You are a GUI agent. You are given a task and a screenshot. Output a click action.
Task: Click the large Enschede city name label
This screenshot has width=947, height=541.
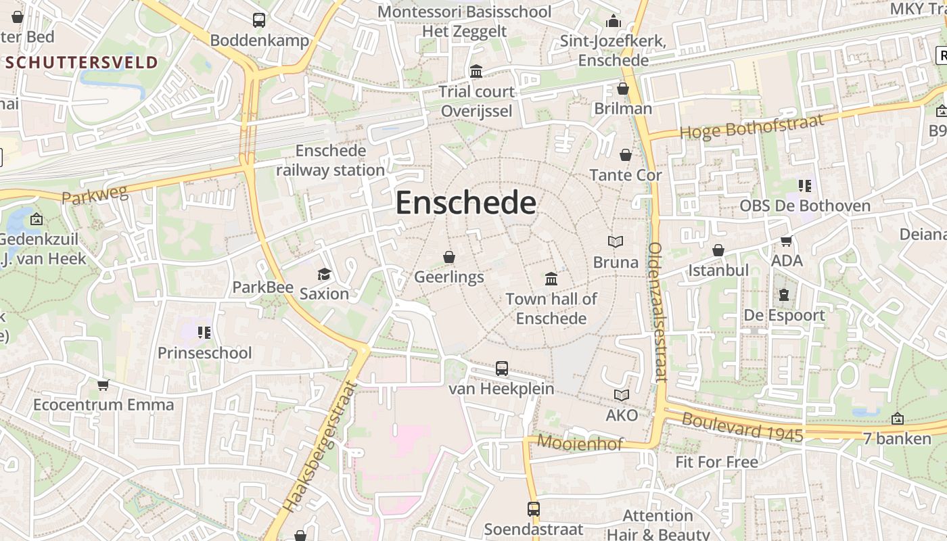pos(465,203)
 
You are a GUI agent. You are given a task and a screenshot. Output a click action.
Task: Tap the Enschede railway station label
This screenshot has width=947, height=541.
pos(330,160)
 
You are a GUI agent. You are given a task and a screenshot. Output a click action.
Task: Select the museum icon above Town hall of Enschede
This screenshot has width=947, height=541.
pos(551,279)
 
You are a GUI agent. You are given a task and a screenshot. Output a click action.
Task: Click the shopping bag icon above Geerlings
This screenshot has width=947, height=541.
pos(448,257)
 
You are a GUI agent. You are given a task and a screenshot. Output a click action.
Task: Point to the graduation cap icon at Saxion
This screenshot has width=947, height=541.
pos(325,274)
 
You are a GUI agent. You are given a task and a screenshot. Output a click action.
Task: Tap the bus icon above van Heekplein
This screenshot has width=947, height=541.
pos(501,369)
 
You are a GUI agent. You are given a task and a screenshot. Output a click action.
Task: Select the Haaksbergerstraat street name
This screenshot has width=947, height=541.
pos(319,447)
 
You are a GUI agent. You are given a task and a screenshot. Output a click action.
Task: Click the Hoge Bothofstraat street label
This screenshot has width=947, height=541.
pos(752,126)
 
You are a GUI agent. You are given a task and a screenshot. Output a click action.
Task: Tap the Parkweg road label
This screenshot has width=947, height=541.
pos(95,196)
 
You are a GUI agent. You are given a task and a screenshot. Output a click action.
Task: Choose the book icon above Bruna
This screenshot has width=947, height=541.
pos(616,241)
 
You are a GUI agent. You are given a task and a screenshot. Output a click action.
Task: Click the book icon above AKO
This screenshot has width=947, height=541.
pos(621,395)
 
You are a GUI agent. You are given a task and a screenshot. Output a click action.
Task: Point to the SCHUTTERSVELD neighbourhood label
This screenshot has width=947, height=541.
pos(82,63)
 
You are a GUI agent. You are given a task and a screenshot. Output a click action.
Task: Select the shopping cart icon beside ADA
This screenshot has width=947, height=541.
pos(786,241)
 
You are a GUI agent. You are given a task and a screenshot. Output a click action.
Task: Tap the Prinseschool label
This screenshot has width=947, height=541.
pos(204,353)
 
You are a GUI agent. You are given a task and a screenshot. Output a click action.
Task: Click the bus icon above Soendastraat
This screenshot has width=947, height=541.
pos(534,509)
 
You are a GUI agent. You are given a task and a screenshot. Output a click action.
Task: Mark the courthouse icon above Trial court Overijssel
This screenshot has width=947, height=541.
pos(476,71)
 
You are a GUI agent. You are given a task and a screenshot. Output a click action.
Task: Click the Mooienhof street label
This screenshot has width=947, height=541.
pos(580,444)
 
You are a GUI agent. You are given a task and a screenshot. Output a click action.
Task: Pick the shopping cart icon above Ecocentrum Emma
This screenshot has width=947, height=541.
pos(103,385)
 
